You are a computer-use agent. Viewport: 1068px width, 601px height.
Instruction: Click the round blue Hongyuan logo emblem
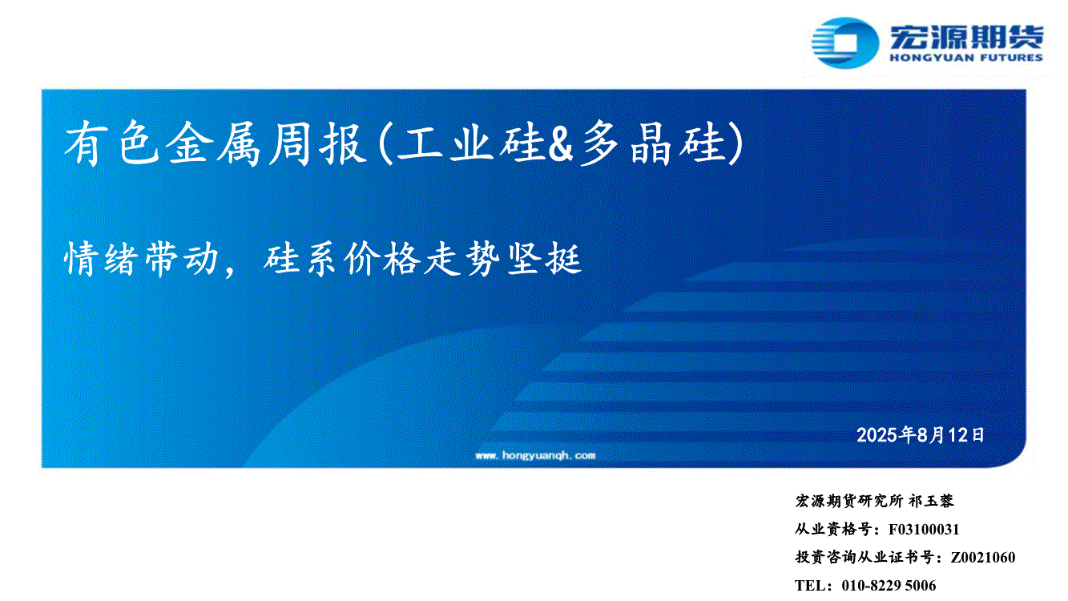coord(845,43)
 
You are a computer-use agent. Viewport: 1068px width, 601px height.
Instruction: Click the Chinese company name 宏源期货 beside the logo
coord(966,37)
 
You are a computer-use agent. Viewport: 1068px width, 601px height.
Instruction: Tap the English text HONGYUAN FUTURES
coord(966,58)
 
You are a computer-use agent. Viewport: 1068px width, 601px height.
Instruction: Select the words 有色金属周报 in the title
coord(215,143)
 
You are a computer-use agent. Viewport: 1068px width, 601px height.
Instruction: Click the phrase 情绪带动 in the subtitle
coord(141,259)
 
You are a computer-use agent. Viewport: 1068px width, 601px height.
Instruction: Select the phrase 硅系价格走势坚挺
coord(422,259)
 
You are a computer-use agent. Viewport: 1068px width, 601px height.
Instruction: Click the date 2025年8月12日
coord(921,434)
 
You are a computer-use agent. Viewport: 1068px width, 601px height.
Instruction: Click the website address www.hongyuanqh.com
coord(535,455)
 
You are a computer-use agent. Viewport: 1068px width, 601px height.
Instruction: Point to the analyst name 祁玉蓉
coord(931,501)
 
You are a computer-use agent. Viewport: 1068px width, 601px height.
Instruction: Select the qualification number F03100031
coord(924,530)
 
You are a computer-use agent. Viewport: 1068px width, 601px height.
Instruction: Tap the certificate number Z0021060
coord(982,557)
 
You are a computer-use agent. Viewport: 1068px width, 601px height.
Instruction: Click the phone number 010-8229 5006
coord(889,585)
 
